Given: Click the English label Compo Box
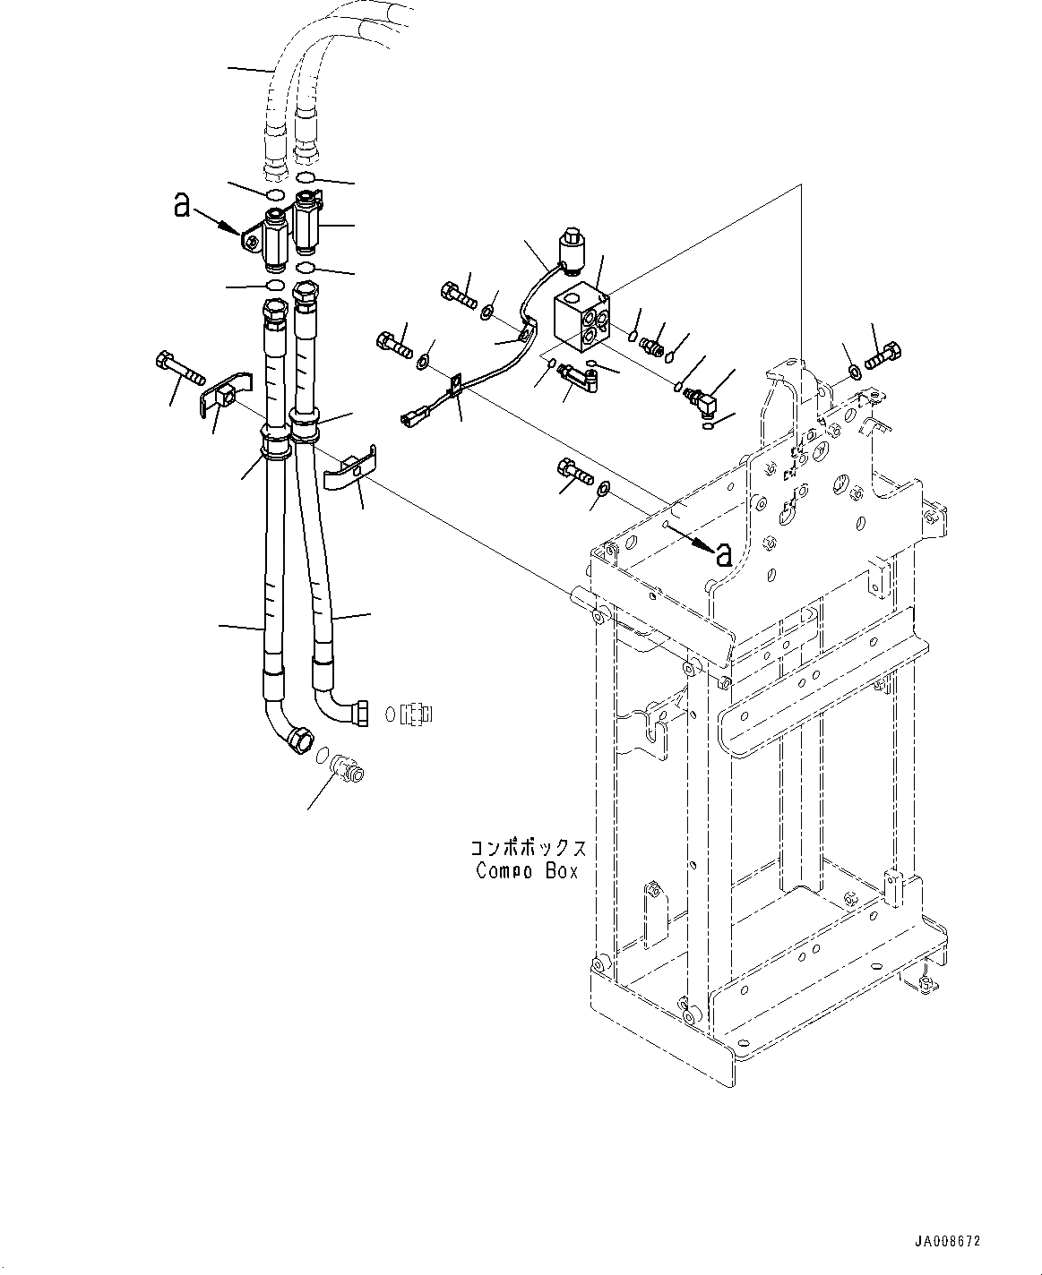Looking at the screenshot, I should pyautogui.click(x=527, y=870).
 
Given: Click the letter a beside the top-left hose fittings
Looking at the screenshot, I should pyautogui.click(x=182, y=207).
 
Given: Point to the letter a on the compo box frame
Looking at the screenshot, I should pyautogui.click(x=723, y=554).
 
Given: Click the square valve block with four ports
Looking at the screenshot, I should pyautogui.click(x=580, y=318).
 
